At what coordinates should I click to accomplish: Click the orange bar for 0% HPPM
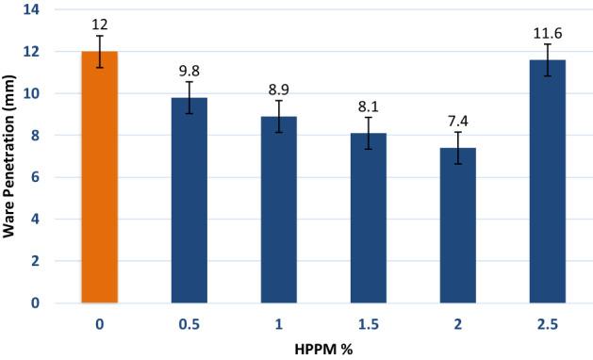[x=100, y=179]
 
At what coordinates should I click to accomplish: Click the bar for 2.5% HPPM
[x=548, y=183]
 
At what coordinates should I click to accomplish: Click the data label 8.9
[x=279, y=88]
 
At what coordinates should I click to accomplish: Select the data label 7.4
[x=458, y=119]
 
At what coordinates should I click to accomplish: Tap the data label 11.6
[x=548, y=31]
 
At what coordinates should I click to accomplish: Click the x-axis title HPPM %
[x=323, y=348]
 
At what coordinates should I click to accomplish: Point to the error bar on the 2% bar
[x=458, y=147]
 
